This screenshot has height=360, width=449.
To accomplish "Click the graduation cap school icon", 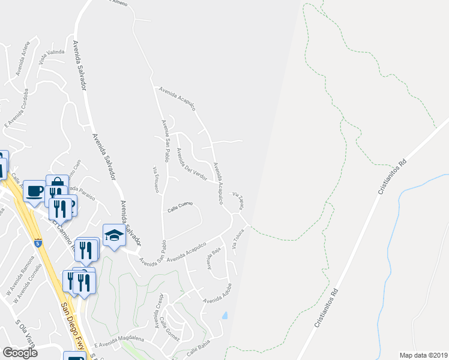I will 113,235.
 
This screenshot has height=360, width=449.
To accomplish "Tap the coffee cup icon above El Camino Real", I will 35,191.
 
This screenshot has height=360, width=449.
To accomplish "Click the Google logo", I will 20,353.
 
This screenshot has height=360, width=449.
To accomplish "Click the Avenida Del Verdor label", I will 191,164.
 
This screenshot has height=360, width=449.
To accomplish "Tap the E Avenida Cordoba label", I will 16,108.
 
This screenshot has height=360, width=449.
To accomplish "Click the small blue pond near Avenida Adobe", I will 224,315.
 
